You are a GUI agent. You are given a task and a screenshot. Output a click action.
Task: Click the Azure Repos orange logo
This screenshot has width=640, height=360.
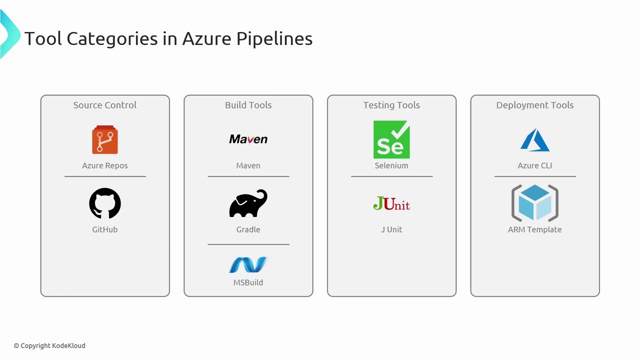pos(105,139)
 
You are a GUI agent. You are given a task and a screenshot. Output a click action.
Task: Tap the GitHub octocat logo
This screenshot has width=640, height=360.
pos(105,203)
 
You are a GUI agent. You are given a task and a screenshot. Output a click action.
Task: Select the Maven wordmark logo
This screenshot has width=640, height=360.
pos(248,139)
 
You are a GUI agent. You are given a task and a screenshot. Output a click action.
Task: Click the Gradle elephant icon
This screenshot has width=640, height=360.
pos(248,203)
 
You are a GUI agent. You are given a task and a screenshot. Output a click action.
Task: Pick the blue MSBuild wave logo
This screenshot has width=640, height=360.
pos(248,264)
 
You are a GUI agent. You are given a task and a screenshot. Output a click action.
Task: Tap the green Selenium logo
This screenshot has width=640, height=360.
pos(391,139)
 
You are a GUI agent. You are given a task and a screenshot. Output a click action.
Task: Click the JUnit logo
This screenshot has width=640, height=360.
pos(391,203)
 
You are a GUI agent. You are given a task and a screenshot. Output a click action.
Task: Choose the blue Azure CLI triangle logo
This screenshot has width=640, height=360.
pos(535,140)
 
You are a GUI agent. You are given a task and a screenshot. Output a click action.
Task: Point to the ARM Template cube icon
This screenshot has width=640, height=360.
pos(535,203)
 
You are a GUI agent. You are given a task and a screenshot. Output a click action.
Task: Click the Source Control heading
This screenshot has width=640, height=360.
pos(105,105)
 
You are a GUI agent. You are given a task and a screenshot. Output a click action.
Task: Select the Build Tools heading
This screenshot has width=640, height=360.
pos(248,105)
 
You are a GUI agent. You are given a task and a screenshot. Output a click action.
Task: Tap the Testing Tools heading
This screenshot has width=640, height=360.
pos(391,105)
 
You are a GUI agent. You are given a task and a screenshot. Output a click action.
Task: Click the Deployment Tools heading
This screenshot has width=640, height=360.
pos(535,105)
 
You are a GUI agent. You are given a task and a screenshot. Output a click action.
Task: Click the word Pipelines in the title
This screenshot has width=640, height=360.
pos(274,39)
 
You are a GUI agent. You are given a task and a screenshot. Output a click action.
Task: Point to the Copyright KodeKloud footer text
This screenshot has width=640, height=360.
pos(49,345)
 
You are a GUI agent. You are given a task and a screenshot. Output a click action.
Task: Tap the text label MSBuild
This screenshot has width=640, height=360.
pos(248,282)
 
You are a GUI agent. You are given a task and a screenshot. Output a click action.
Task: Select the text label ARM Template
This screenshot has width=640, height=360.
pos(535,229)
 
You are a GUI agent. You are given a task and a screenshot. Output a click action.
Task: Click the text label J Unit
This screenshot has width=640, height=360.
pos(391,229)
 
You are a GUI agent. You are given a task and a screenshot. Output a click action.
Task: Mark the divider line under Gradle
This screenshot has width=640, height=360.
pos(248,244)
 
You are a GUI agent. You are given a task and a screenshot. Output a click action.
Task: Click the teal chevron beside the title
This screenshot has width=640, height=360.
pos(11,34)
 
